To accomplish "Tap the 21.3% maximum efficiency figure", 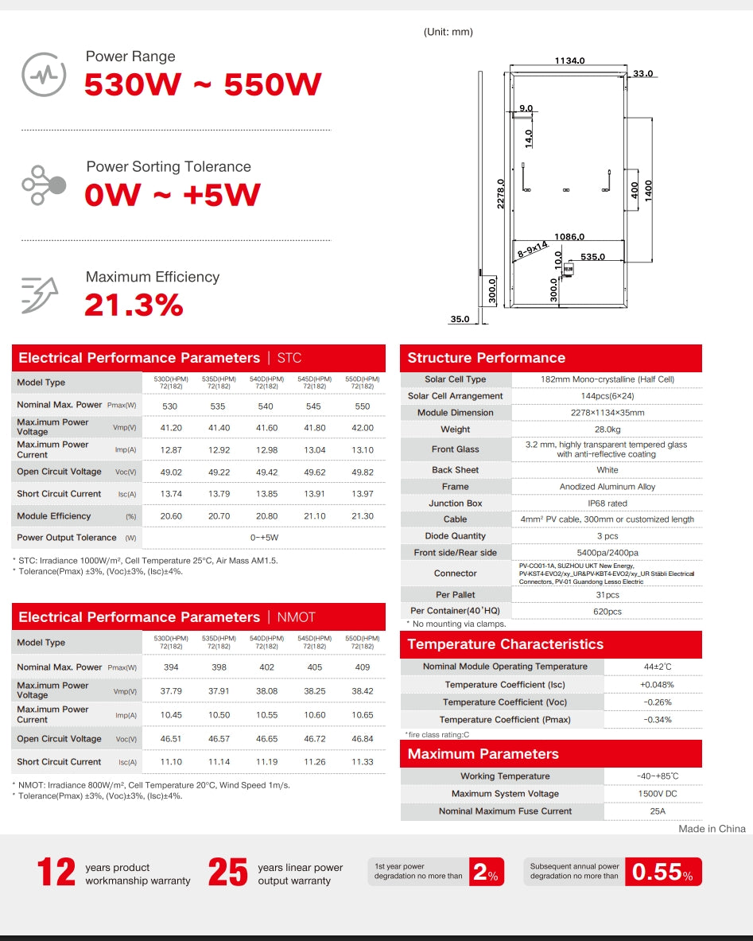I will coord(134,305).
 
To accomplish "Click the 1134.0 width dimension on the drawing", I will coord(569,60).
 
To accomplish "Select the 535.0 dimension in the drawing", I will coord(592,257).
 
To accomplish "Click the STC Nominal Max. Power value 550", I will coord(363,406).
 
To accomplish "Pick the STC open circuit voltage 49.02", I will coord(171,472).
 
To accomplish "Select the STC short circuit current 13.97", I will coord(363,494).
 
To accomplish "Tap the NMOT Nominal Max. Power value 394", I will coord(171,667).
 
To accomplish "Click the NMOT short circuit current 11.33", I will coord(363,762).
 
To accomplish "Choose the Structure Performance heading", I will coord(486,358).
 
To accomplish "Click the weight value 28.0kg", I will coord(607,430).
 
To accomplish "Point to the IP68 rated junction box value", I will coord(607,504).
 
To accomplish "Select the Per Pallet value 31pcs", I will coord(607,595).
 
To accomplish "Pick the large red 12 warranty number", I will coord(57,873).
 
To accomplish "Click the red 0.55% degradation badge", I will coord(662,873).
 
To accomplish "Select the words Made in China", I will coord(712,829).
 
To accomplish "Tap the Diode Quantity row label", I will coord(456,536).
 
